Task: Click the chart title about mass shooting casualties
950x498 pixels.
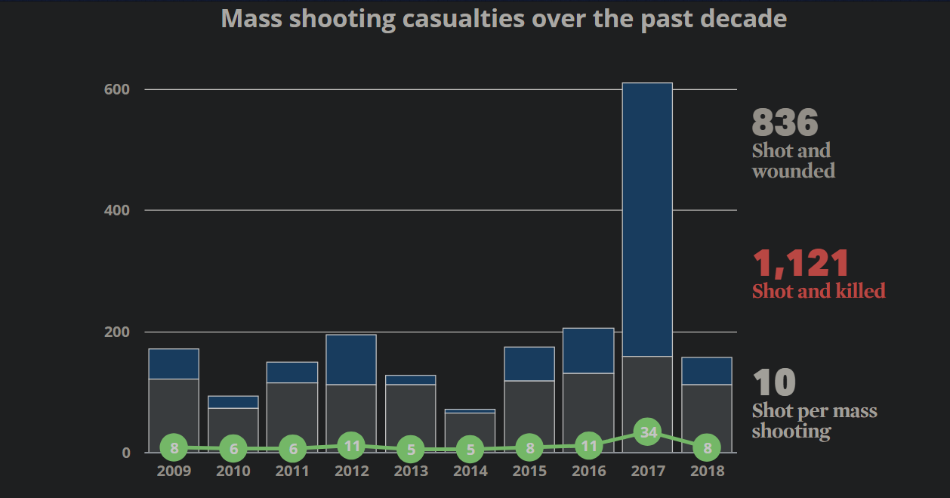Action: (504, 18)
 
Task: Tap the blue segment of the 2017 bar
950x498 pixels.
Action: (647, 219)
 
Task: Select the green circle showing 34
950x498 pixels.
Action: (648, 432)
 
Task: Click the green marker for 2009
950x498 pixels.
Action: (174, 447)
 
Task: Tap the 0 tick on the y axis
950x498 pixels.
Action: (126, 453)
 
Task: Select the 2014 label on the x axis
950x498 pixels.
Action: (470, 472)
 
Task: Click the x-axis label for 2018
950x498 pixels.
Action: (707, 472)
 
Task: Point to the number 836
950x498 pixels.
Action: (785, 122)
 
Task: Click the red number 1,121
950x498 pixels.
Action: (801, 264)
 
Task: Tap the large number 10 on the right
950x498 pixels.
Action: (774, 383)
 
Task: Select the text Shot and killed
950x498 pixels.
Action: (819, 291)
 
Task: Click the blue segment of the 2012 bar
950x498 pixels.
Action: (351, 360)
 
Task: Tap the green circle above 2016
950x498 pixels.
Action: (589, 446)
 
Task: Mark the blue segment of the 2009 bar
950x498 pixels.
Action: (174, 363)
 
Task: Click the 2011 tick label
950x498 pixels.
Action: (292, 472)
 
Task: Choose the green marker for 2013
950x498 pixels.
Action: (411, 450)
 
